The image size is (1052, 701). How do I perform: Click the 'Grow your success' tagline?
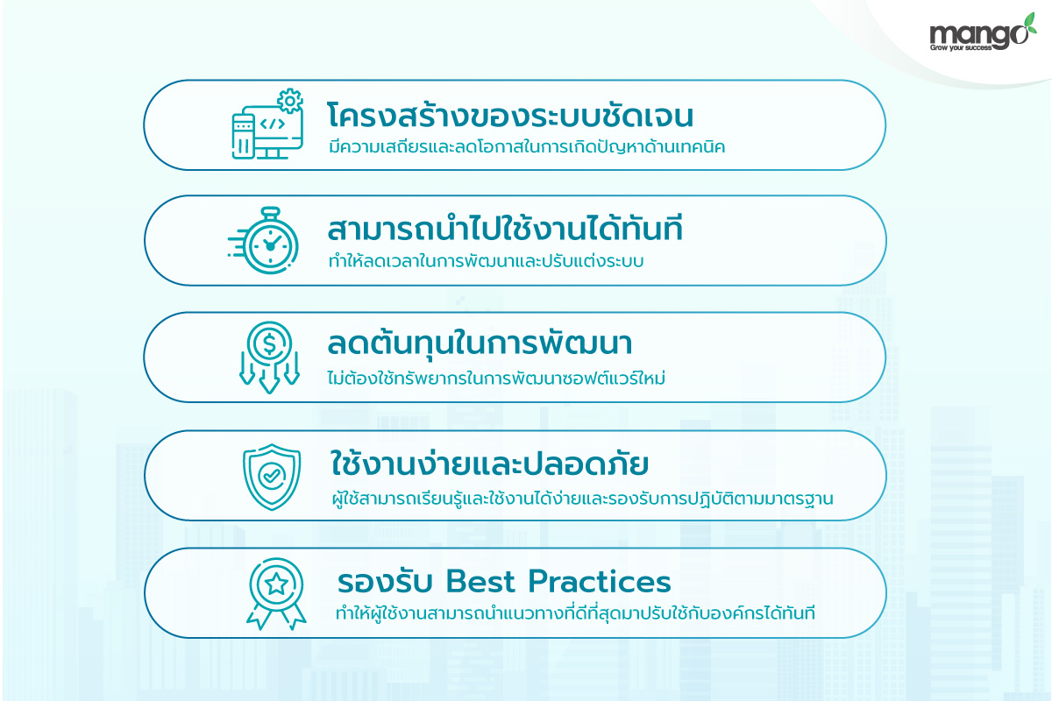(961, 47)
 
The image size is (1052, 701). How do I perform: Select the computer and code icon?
(267, 124)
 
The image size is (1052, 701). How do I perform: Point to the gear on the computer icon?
(290, 101)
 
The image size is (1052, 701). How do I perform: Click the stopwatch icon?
(264, 240)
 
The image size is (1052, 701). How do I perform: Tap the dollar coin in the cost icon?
(270, 343)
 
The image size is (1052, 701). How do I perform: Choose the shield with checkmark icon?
(272, 477)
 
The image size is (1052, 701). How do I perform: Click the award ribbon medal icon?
(276, 594)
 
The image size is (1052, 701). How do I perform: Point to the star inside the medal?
(276, 584)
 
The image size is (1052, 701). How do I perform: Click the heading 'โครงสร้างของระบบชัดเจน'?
(510, 114)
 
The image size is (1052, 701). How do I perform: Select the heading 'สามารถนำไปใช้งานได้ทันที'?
(505, 229)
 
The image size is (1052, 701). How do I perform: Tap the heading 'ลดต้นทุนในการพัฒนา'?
(480, 343)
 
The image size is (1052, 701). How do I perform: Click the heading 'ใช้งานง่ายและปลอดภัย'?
(489, 464)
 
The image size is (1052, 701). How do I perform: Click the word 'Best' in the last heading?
(480, 581)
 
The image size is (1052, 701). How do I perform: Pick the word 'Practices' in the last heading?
(600, 581)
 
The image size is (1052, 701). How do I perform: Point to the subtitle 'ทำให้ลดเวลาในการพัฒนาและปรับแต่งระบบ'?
(486, 260)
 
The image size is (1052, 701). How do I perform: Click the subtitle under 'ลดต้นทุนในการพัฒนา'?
(496, 378)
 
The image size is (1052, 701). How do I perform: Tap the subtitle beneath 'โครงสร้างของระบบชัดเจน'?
(527, 146)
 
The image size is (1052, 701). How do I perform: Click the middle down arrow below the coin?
(269, 374)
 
